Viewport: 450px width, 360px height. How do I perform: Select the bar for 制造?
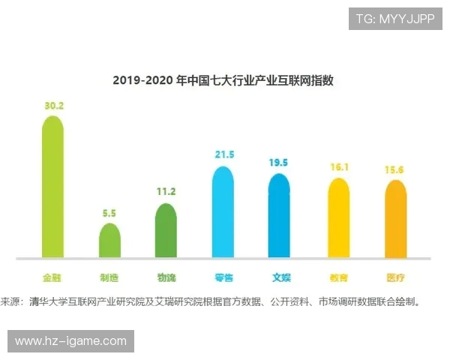point(109,241)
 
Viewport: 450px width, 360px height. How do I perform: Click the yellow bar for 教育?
point(338,219)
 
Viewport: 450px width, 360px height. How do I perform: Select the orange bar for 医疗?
point(395,220)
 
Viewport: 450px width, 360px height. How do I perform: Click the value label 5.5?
point(109,213)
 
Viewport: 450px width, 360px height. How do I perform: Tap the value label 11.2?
point(166,192)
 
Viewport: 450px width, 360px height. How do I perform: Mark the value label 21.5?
point(223,154)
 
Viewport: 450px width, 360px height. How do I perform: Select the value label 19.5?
point(279,163)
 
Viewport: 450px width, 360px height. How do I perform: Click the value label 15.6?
point(395,169)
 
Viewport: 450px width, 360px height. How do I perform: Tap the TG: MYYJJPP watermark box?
point(395,19)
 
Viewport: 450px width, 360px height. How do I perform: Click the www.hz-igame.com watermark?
point(70,341)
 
